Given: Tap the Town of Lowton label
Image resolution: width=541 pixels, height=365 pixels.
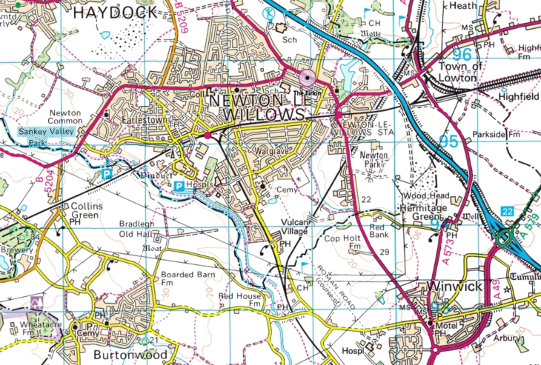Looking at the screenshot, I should [x=460, y=72].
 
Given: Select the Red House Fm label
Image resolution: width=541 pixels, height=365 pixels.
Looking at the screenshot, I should [x=238, y=299].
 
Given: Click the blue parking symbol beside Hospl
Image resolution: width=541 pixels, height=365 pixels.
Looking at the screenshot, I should [x=179, y=186].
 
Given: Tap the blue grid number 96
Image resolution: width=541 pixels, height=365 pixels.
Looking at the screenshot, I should [x=462, y=54].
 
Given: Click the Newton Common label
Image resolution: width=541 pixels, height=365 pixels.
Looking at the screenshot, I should [x=64, y=118].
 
